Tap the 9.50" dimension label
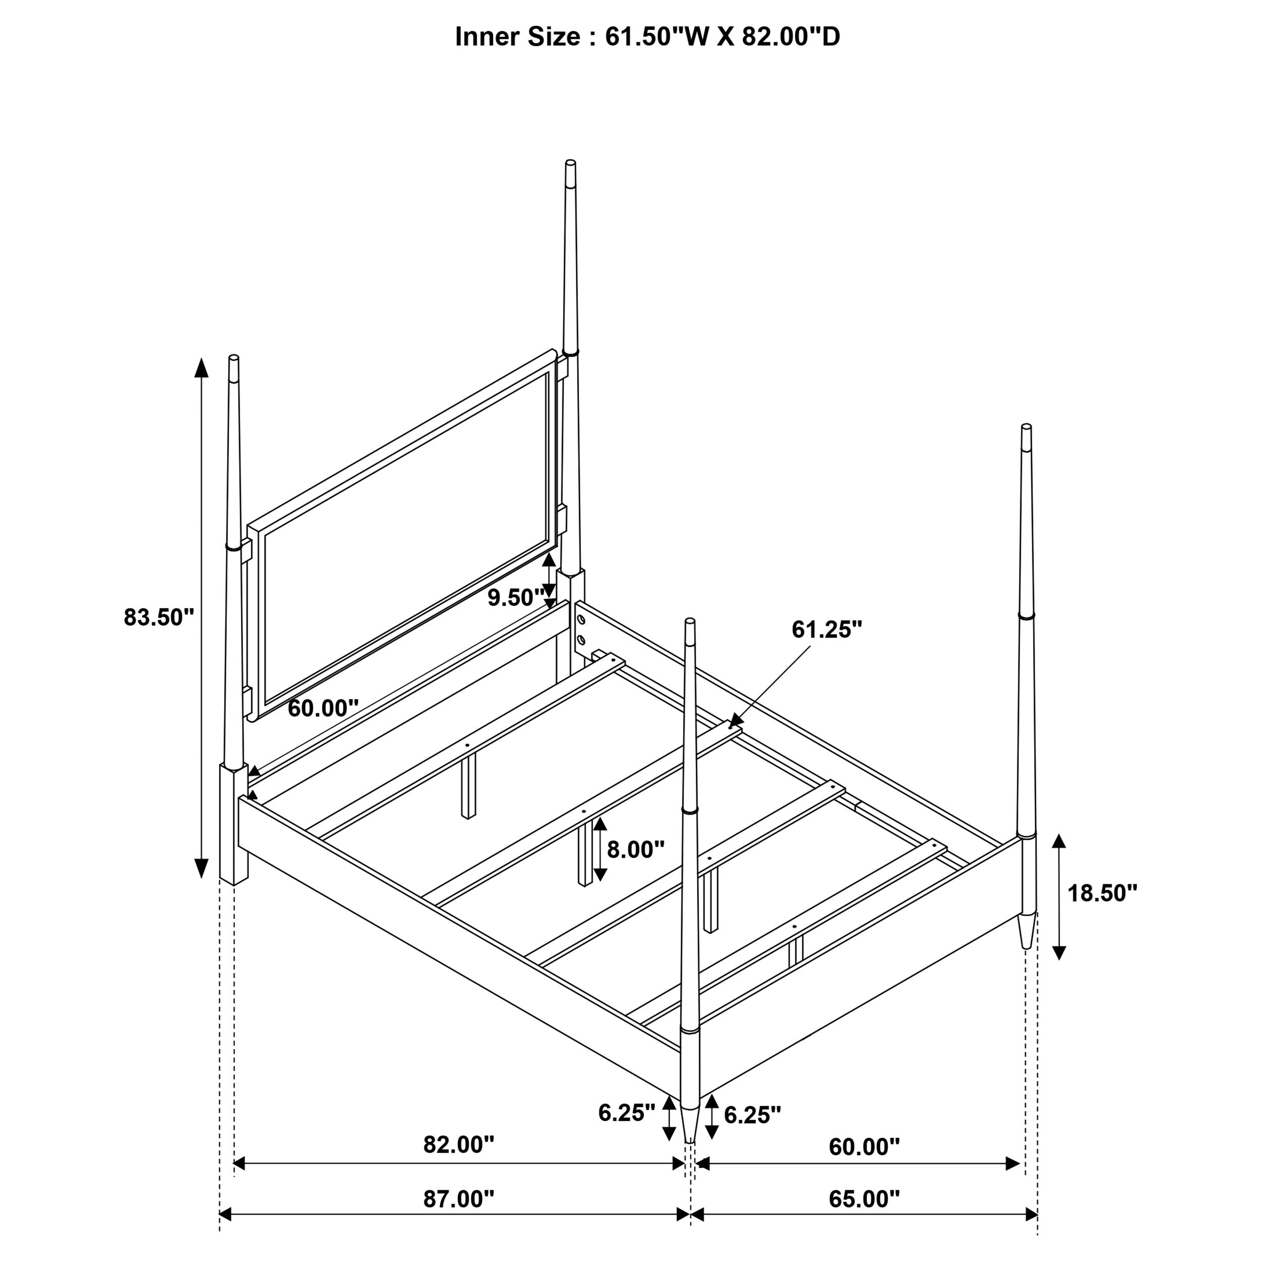coord(515,597)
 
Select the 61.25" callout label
coord(827,630)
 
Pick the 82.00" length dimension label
coord(459,1144)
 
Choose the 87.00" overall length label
coord(459,1199)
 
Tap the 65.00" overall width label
coord(864,1199)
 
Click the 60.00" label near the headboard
coord(323,708)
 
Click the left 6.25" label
coord(626,1113)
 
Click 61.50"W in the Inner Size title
coord(657,37)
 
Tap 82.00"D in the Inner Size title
coord(790,37)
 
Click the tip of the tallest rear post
coord(570,162)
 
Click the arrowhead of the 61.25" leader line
coord(732,724)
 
